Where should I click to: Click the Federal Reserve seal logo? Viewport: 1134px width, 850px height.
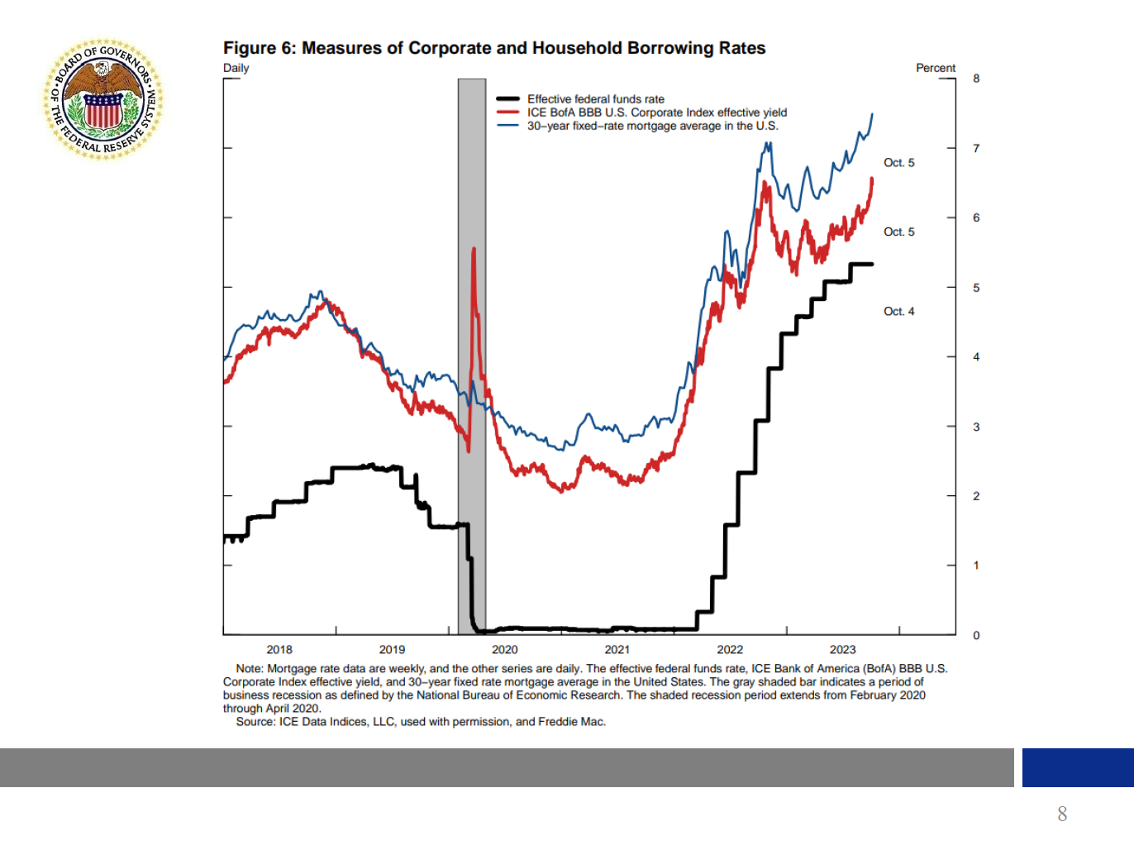pyautogui.click(x=103, y=99)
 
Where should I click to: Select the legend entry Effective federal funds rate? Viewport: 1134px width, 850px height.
pyautogui.click(x=595, y=99)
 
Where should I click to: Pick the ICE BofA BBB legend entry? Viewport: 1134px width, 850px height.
pyautogui.click(x=656, y=112)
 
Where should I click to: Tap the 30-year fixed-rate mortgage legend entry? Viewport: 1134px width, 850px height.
pyautogui.click(x=652, y=126)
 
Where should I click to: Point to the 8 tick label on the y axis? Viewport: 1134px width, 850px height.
pyautogui.click(x=976, y=79)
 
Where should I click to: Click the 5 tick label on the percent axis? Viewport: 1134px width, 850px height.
pyautogui.click(x=976, y=288)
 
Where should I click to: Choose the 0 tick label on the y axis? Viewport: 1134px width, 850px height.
pyautogui.click(x=976, y=635)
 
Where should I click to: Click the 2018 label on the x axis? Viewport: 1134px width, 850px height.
pyautogui.click(x=279, y=650)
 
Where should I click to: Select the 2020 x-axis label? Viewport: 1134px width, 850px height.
pyautogui.click(x=504, y=650)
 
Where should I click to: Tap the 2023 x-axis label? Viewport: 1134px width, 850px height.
pyautogui.click(x=842, y=650)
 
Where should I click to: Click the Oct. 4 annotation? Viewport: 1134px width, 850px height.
pyautogui.click(x=898, y=312)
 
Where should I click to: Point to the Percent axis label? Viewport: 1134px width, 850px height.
pyautogui.click(x=935, y=68)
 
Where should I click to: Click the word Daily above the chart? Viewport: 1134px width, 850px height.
pyautogui.click(x=236, y=68)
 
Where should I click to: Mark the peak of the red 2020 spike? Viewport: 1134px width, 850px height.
pyautogui.click(x=474, y=249)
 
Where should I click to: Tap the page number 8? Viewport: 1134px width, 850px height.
pyautogui.click(x=1062, y=814)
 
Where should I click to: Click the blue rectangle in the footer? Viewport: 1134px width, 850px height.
pyautogui.click(x=1077, y=767)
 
